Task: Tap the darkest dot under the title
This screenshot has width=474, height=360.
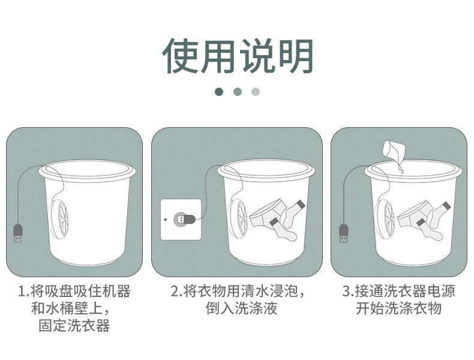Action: (219, 92)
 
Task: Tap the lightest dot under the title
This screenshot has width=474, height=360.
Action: (256, 92)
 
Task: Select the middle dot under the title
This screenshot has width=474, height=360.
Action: (237, 92)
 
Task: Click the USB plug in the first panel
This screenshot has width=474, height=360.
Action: (18, 233)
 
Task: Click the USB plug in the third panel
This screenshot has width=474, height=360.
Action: (344, 233)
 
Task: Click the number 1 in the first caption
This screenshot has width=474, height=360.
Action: (22, 292)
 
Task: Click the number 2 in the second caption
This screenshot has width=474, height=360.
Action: (175, 292)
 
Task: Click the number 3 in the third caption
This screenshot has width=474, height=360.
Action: (346, 292)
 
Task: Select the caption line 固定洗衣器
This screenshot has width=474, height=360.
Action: (74, 326)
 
